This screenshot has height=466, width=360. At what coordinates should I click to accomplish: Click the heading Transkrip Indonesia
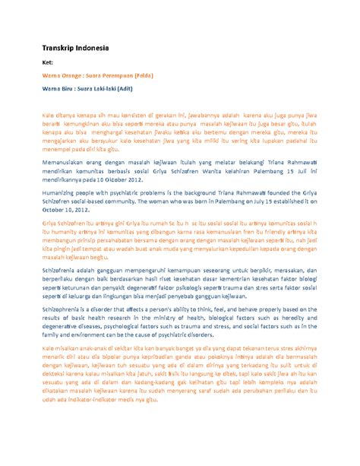pyautogui.click(x=74, y=49)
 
